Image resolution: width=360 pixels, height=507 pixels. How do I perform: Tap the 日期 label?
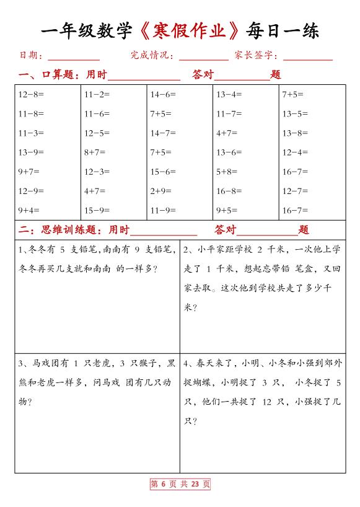pos(29,56)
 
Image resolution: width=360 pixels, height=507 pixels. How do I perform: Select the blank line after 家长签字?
pos(308,57)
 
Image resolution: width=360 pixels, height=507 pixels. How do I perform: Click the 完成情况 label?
pos(151,56)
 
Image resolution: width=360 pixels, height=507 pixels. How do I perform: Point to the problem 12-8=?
pos(31,95)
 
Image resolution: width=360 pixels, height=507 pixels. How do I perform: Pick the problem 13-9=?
pos(31,152)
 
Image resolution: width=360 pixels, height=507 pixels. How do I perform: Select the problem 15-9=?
pos(97,210)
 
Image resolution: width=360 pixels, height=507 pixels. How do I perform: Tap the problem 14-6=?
pos(163,95)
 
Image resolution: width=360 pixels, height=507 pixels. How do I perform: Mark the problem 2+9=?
pos(160,191)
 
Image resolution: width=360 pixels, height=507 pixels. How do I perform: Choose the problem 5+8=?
pos(227,172)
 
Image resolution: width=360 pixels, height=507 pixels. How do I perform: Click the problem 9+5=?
pos(227,210)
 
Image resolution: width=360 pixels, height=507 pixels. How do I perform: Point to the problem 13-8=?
pos(295,133)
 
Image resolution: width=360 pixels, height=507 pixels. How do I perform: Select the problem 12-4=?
pos(295,152)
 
